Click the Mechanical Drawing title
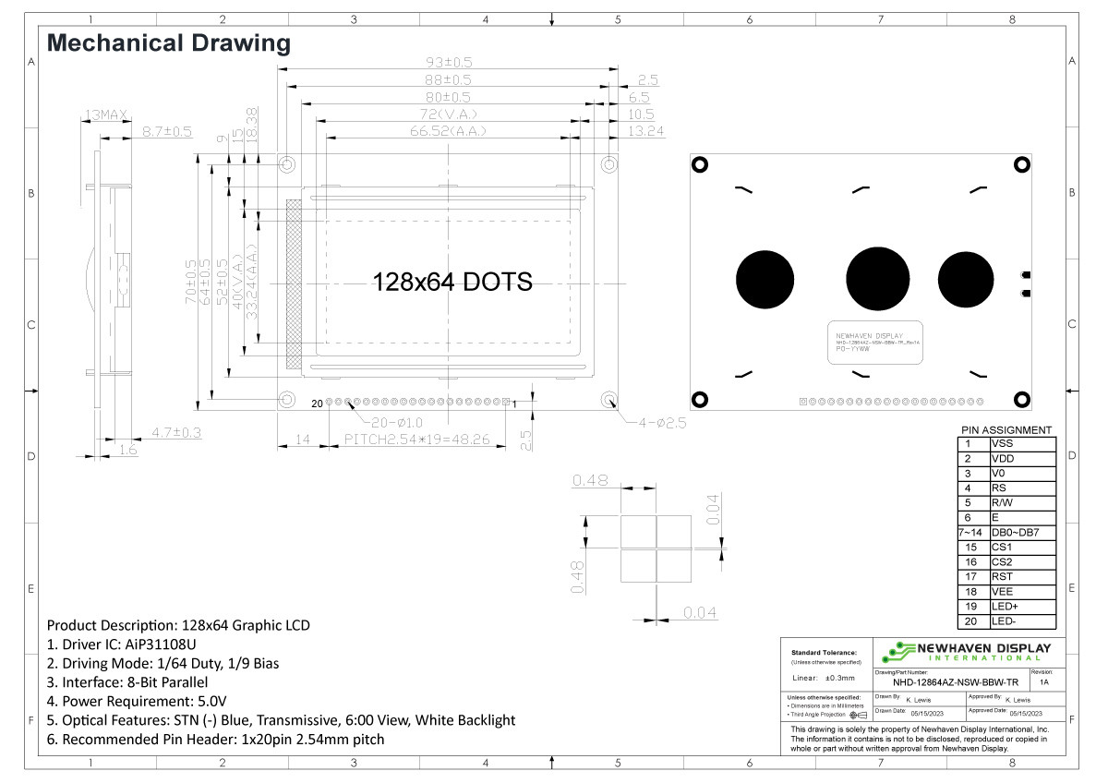point(168,42)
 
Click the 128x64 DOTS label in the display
point(452,283)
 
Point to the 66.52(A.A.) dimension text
point(448,131)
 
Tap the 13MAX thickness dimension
point(106,115)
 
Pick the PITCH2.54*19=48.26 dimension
point(416,440)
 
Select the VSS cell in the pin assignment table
point(1021,443)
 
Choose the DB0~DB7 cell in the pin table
point(1021,533)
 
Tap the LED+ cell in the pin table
point(1021,607)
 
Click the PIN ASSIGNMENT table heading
point(1006,430)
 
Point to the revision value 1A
point(1043,683)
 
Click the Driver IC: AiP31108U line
point(122,644)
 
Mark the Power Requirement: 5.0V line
point(137,701)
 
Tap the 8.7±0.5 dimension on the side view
point(166,133)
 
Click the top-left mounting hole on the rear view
point(700,163)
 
